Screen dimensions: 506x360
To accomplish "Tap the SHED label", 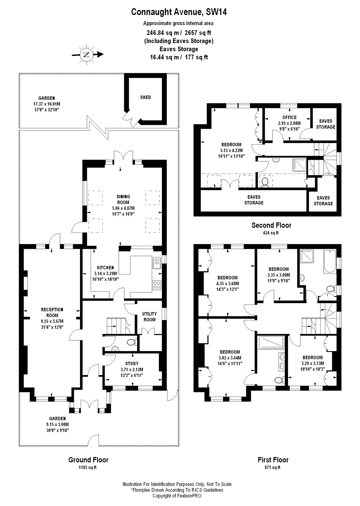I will tap(145, 97).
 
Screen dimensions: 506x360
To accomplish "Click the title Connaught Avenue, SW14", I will tap(179, 12).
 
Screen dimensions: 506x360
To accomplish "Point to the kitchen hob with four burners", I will tap(157, 285).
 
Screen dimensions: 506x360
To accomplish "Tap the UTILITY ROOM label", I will tap(149, 317).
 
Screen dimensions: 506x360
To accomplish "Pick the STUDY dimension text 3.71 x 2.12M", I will tap(132, 369).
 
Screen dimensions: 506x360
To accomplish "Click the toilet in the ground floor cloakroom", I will tap(130, 342).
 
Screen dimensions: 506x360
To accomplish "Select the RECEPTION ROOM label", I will tap(52, 312).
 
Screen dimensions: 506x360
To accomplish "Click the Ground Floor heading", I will tap(88, 460).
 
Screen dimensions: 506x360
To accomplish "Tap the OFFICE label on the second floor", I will tap(289, 117).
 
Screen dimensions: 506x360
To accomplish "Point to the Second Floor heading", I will tap(271, 225).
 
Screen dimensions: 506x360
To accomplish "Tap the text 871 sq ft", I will tap(273, 467).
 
